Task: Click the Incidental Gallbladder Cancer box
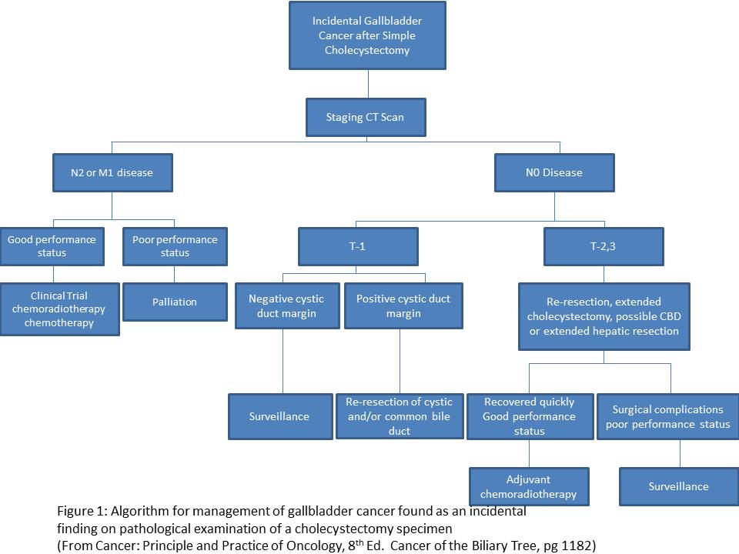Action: click(x=367, y=35)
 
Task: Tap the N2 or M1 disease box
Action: click(x=112, y=172)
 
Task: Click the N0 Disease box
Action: click(x=554, y=172)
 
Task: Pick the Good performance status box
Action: click(x=52, y=246)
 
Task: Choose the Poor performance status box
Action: click(x=175, y=246)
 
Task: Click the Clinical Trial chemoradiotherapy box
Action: click(x=61, y=309)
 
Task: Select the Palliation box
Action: click(x=175, y=302)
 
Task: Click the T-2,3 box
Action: click(x=604, y=247)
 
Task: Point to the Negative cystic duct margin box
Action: click(x=286, y=306)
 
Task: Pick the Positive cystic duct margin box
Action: click(x=403, y=306)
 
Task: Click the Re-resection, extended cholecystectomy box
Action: click(x=604, y=316)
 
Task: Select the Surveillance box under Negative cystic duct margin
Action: click(x=279, y=416)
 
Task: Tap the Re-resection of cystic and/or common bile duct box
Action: click(x=400, y=416)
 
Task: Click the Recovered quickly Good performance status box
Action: click(x=530, y=416)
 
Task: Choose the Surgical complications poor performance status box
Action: click(x=667, y=416)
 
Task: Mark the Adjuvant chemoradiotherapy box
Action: click(x=530, y=486)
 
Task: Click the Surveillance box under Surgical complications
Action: click(x=679, y=486)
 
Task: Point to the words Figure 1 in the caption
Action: click(x=81, y=511)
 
